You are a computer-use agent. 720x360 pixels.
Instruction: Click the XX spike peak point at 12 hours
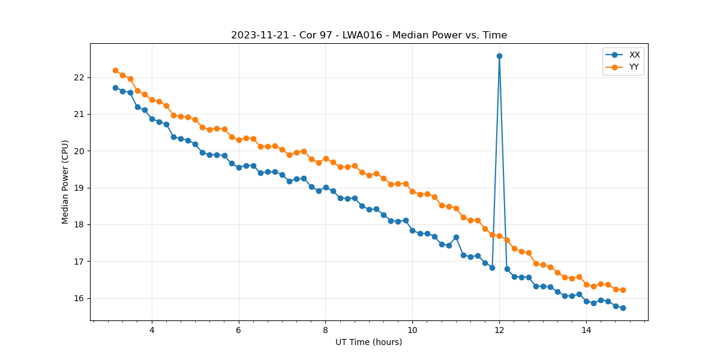(499, 56)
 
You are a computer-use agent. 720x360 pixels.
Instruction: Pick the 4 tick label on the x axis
(152, 330)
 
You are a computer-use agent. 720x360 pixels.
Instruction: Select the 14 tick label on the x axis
(586, 330)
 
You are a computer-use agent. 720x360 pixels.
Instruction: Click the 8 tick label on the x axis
(325, 330)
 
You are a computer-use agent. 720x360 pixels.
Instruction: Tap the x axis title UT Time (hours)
(368, 342)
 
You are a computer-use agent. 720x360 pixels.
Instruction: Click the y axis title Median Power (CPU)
(65, 182)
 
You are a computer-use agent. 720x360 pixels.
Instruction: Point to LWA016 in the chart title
(362, 35)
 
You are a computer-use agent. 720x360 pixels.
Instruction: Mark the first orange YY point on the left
(115, 70)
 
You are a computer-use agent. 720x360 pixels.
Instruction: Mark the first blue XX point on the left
(115, 88)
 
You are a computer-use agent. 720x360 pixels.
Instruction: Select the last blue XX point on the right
(623, 308)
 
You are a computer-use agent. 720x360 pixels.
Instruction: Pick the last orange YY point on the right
(623, 290)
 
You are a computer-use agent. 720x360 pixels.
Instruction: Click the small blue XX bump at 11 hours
(456, 237)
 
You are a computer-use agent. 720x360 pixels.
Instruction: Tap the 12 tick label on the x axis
(499, 330)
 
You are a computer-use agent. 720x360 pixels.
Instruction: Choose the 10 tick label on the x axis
(412, 330)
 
